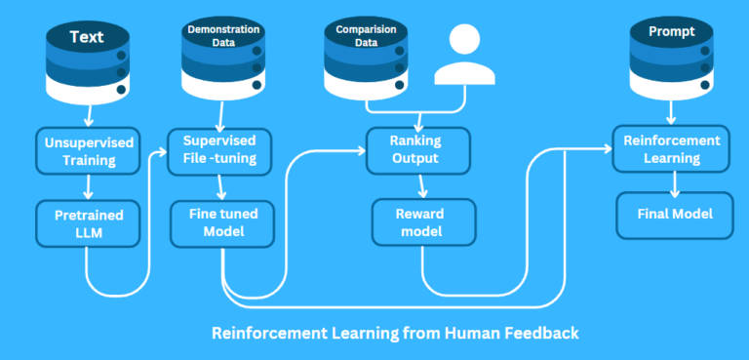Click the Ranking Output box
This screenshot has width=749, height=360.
[416, 150]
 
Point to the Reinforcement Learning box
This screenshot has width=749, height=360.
[671, 149]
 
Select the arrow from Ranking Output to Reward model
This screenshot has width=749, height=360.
[422, 186]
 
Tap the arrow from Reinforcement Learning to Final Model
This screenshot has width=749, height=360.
[673, 183]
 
